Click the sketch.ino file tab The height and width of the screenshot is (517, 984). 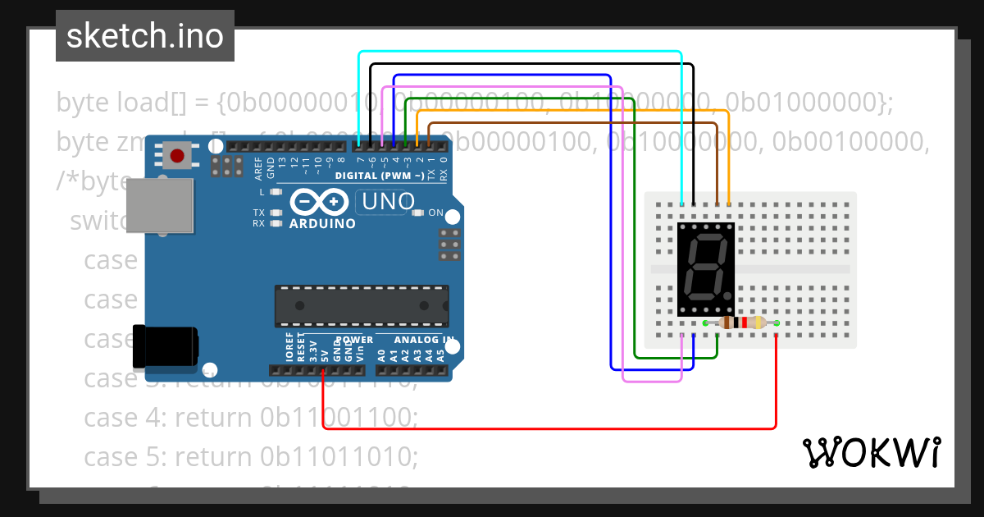point(145,36)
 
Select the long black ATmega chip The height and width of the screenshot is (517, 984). point(362,306)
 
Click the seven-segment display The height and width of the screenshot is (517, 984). point(706,269)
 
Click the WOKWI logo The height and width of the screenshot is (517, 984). point(871,452)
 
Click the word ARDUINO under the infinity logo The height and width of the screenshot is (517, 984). point(322,223)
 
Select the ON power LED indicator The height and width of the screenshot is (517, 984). point(417,213)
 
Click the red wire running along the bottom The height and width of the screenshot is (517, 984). point(549,428)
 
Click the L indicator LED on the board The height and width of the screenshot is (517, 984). point(276,192)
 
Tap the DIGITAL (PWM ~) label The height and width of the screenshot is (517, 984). point(380,176)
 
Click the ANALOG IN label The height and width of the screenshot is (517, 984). point(424,340)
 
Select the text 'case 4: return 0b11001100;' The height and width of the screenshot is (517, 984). point(251,417)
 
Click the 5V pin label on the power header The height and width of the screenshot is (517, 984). point(325,355)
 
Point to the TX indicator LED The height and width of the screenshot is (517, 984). point(276,213)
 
